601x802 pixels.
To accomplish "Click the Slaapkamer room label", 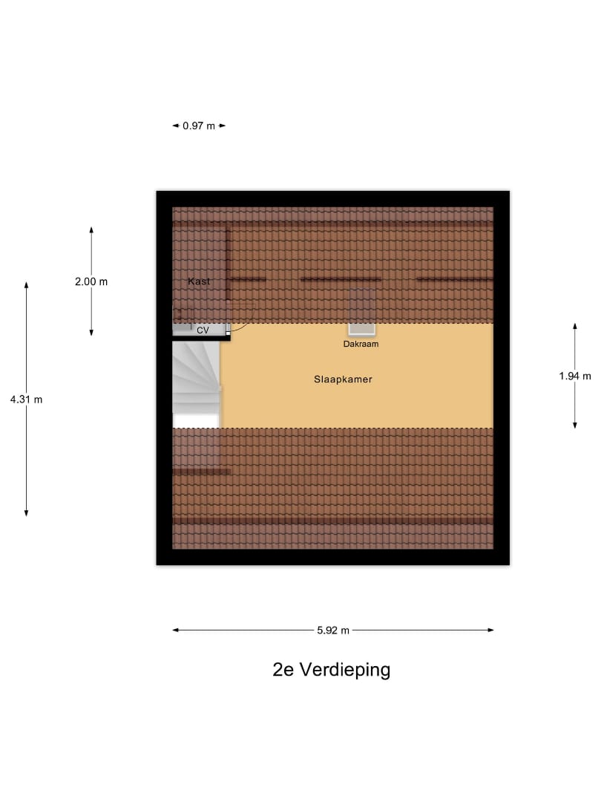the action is (343, 379).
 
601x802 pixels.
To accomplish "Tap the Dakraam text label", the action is (361, 344).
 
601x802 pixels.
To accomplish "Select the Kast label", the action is (199, 281).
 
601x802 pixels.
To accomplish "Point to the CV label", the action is (203, 330).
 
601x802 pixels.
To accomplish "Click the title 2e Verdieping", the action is (332, 670).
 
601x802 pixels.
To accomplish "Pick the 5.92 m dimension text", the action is (333, 630).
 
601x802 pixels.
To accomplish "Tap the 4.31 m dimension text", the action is (27, 400).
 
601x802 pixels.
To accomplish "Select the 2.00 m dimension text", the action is (91, 281).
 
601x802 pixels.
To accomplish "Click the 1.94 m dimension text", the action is (575, 376).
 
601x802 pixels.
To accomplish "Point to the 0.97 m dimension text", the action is (199, 125).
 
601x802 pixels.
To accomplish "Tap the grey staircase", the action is (196, 377).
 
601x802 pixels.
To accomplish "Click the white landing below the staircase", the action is (196, 421).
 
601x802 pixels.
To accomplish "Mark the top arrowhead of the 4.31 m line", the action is (27, 284).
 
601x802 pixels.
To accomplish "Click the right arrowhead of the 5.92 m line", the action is (491, 630).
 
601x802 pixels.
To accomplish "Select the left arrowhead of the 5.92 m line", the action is (175, 630).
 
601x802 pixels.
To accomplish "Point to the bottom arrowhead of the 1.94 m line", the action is (575, 425).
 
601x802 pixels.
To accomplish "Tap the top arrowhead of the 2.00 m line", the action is (91, 230).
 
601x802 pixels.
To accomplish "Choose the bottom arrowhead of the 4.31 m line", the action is (27, 513).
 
